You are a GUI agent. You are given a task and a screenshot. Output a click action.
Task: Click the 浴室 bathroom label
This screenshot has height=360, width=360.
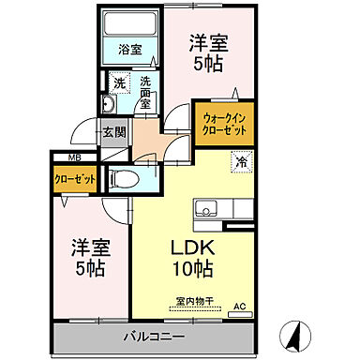(129, 52)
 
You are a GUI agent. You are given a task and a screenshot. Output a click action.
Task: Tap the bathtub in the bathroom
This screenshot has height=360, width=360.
(129, 25)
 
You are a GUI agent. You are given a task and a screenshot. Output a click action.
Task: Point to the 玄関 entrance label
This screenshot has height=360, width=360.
(114, 129)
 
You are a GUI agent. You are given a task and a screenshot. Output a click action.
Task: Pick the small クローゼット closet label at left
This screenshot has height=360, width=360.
(71, 175)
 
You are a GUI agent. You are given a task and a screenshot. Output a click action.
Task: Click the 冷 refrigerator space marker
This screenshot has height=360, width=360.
(241, 160)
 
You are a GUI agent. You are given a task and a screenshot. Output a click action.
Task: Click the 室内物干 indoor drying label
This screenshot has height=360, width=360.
(193, 301)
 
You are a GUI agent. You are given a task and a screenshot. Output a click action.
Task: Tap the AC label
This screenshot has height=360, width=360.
(239, 306)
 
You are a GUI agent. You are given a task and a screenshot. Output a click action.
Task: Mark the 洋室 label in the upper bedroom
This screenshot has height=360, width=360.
(207, 42)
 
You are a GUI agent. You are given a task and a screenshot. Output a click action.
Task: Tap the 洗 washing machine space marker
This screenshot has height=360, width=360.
(119, 82)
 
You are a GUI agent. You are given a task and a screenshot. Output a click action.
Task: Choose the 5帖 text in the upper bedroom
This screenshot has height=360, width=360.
(208, 66)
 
